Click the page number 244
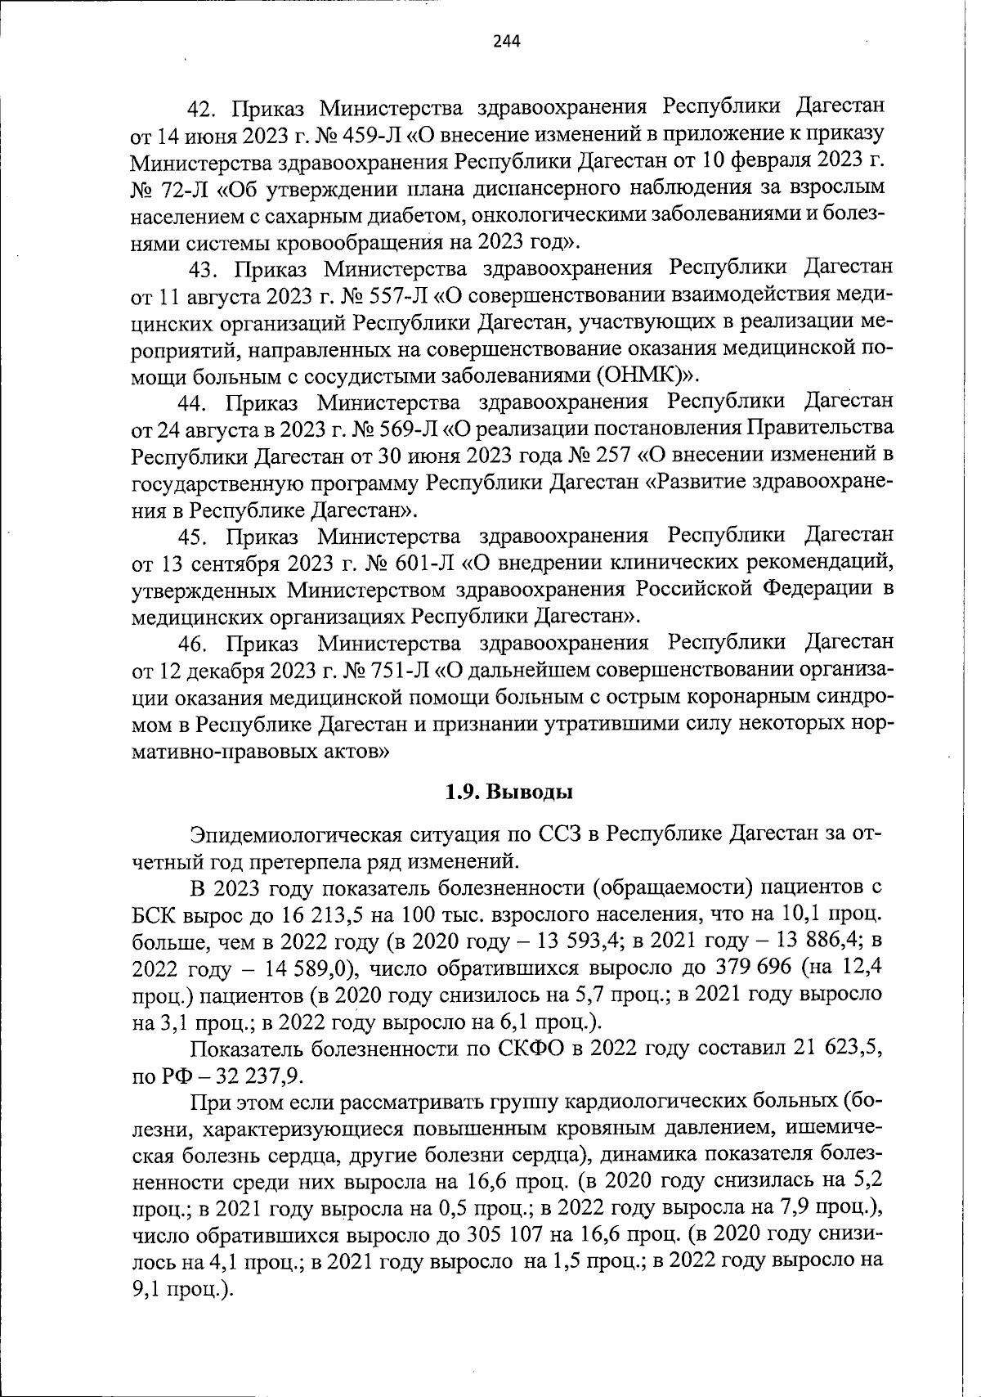[x=507, y=42]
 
